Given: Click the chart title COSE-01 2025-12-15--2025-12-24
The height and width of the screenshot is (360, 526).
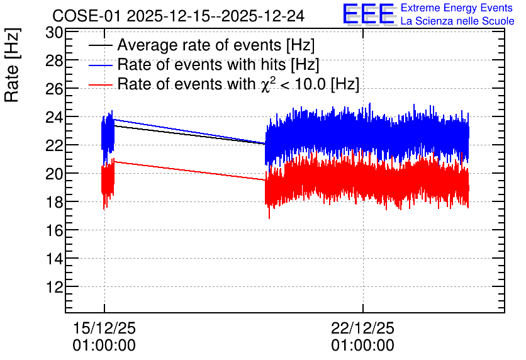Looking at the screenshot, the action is [x=179, y=16].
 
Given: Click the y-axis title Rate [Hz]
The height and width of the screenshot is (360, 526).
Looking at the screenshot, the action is [x=12, y=65].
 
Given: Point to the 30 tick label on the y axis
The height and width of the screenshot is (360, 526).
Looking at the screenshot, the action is [x=54, y=33].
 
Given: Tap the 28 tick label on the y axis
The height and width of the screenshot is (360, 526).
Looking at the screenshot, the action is [x=54, y=61].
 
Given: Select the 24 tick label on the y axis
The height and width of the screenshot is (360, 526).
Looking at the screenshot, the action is [x=54, y=118].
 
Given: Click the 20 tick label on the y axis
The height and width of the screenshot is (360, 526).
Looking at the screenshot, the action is [x=54, y=174].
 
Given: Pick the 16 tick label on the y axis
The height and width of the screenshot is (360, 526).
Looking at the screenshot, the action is [x=54, y=231].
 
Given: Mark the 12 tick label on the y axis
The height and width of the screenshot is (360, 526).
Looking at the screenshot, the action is [x=54, y=288].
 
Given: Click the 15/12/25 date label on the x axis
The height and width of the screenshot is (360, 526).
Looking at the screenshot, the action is [x=104, y=328].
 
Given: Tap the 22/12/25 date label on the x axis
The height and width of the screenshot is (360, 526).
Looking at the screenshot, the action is [x=362, y=328].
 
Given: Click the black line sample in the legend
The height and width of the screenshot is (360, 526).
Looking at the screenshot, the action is [x=100, y=45].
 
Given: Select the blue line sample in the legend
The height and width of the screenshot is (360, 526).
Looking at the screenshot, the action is [x=100, y=65].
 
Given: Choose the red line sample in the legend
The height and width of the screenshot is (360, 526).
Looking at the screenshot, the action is [x=100, y=84].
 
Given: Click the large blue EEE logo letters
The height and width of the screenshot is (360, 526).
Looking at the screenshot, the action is [x=369, y=14].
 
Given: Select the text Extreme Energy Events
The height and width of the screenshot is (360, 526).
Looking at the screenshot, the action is [x=457, y=8].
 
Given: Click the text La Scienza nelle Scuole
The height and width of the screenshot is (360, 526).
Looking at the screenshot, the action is [x=457, y=21].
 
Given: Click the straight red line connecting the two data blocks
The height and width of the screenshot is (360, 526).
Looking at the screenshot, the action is [x=190, y=171].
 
